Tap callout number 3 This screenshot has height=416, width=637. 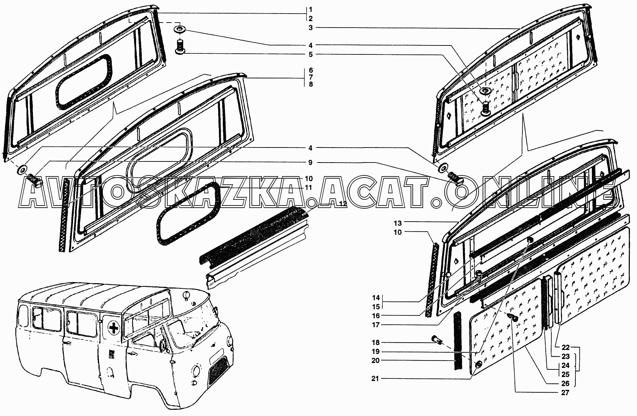(x=311, y=28)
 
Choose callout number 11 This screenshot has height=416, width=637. (x=308, y=188)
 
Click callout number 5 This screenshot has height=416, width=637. (x=311, y=54)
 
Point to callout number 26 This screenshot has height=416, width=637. (x=566, y=383)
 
